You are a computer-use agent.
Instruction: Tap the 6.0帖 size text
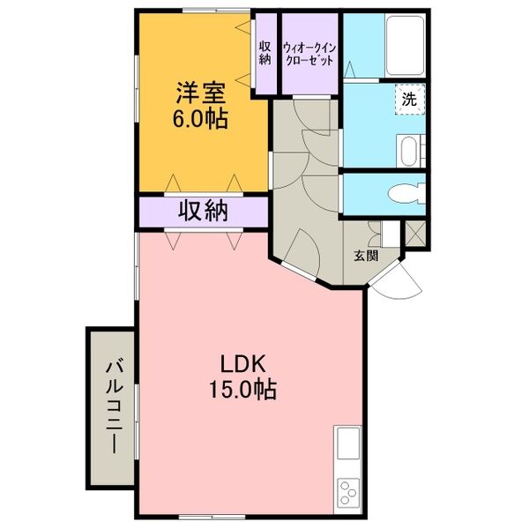[x=202, y=118]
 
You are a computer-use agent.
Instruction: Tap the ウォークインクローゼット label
[x=309, y=55]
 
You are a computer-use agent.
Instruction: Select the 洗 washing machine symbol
[x=409, y=100]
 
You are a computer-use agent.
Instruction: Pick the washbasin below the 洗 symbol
[x=408, y=150]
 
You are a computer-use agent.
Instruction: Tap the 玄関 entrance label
[x=366, y=257]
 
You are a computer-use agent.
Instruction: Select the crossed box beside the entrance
[x=414, y=235]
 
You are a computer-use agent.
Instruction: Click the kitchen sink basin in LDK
[x=347, y=442]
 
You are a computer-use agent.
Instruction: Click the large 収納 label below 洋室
[x=204, y=211]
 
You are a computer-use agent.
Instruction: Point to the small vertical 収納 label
[x=264, y=53]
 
